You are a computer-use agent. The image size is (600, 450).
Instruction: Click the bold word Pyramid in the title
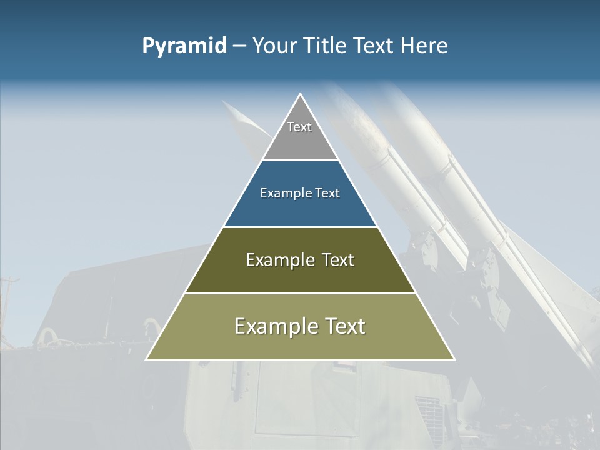tap(184, 46)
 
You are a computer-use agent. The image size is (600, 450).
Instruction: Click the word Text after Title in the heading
tap(374, 46)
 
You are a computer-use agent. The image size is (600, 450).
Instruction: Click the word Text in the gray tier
tap(299, 127)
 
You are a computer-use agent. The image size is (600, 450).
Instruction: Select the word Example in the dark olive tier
tap(278, 260)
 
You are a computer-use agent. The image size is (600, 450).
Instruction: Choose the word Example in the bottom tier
tap(275, 326)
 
